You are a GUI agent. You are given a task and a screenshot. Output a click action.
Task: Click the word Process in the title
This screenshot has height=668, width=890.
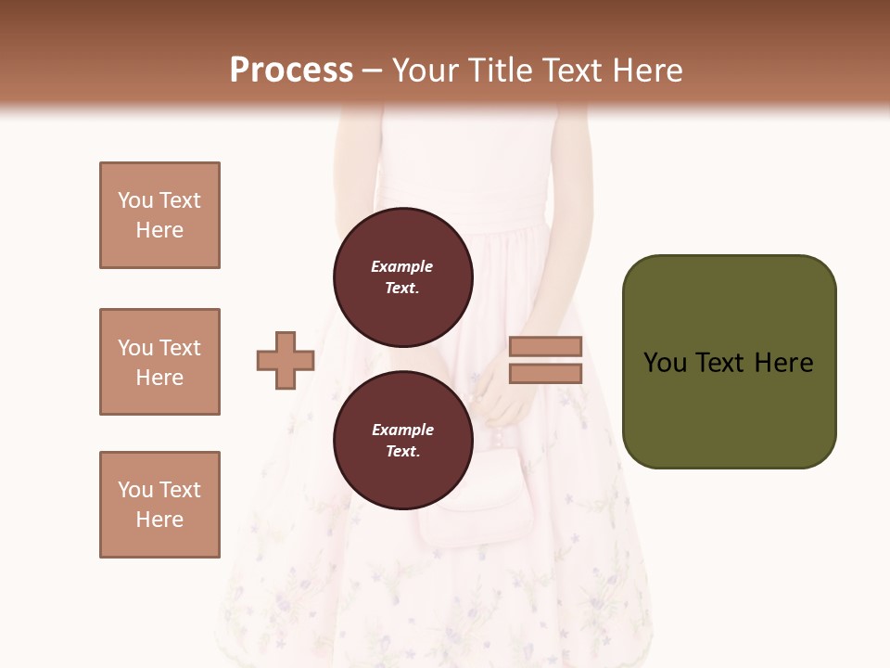[x=291, y=71]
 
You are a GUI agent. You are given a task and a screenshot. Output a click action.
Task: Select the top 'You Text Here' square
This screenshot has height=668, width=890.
[x=159, y=215]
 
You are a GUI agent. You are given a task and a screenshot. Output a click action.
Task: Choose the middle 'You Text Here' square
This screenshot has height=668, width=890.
[x=159, y=362]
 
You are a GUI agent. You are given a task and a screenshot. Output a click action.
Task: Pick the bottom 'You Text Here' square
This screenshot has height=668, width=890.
[x=159, y=505]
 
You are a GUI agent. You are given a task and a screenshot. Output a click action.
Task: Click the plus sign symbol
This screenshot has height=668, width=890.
[x=286, y=360]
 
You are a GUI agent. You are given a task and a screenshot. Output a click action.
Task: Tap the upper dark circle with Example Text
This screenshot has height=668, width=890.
[x=402, y=276]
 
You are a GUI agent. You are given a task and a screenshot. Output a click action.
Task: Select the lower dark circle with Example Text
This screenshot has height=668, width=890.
[x=402, y=440]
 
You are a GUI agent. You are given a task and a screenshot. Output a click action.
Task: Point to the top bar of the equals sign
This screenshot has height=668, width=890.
[x=545, y=347]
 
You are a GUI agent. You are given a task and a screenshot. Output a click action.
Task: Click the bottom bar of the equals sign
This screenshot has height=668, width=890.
[x=545, y=374]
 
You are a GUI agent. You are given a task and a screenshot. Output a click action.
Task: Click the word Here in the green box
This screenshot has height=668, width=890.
[x=783, y=363]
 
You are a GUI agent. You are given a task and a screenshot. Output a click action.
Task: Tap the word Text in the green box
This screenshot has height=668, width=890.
[x=721, y=363]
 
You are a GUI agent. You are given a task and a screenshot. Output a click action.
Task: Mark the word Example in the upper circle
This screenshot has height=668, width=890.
[x=402, y=266]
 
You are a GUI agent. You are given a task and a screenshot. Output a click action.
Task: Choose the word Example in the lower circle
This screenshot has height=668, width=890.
[x=402, y=430]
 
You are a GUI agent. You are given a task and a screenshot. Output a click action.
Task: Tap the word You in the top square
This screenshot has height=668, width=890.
[x=134, y=200]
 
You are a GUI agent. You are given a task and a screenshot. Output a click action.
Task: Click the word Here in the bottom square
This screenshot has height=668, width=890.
[x=159, y=520]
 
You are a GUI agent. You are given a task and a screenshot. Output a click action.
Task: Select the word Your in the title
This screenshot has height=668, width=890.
[x=426, y=71]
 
